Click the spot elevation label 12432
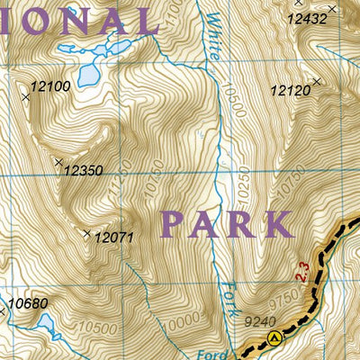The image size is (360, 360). [x=307, y=17]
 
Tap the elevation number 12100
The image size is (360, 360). [x=49, y=85]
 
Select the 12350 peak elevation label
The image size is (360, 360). [x=84, y=169]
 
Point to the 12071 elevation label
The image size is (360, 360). [x=113, y=238]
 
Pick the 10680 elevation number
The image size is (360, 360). [x=28, y=303]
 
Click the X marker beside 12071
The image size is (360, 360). [x=87, y=234]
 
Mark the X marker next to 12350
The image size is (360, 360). [x=58, y=163]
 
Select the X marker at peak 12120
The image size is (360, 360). [x=318, y=83]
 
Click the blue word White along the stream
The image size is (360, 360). [x=212, y=36]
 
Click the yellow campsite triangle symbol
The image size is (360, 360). [x=274, y=338]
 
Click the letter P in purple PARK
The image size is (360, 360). [x=177, y=223]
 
